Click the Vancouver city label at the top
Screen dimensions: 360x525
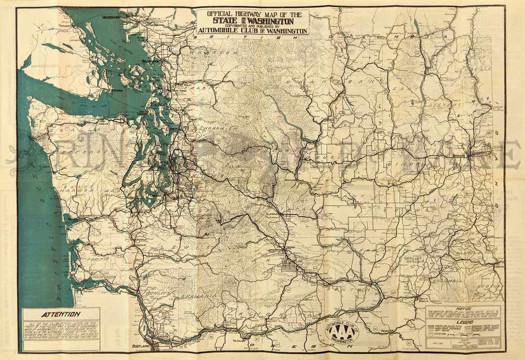pyautogui.click(x=111, y=17)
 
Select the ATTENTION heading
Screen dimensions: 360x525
pyautogui.click(x=60, y=314)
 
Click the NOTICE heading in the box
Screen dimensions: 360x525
pyautogui.click(x=463, y=308)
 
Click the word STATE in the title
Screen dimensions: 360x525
pyautogui.click(x=225, y=21)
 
